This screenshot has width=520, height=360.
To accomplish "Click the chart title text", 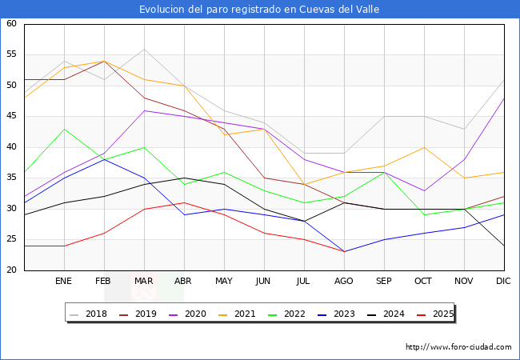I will (259, 10).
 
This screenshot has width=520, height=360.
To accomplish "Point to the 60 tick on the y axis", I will (11, 24).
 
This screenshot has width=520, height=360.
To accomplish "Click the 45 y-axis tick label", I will (11, 117).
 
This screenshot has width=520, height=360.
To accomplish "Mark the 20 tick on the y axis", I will (11, 270).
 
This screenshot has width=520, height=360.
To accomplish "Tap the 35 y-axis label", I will (11, 178).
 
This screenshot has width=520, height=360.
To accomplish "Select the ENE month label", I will (64, 282).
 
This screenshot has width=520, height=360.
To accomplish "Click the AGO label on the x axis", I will (344, 282).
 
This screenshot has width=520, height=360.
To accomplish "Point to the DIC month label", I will (504, 282).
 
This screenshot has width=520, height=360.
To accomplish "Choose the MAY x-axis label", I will (224, 282).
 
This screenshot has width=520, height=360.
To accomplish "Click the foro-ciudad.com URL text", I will (458, 347).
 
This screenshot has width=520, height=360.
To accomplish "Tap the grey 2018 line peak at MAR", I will (144, 49).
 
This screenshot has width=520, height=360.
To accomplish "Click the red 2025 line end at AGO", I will (344, 252).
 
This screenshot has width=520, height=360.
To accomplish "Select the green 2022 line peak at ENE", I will (64, 129).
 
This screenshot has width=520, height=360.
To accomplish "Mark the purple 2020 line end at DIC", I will (504, 98).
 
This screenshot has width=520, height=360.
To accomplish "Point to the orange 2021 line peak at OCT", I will (424, 147).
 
